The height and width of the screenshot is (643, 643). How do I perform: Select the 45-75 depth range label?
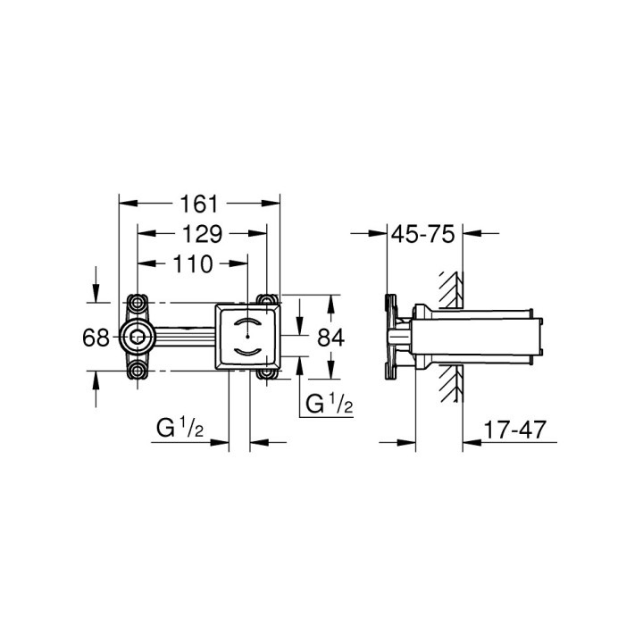pyautogui.click(x=423, y=234)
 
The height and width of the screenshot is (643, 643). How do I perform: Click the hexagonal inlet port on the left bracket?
pyautogui.click(x=137, y=337)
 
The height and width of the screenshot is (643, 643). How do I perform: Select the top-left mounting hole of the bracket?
pyautogui.click(x=137, y=302)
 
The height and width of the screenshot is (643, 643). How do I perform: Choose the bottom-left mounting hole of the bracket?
pyautogui.click(x=137, y=372)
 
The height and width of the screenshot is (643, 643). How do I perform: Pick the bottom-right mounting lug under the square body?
pyautogui.click(x=267, y=372)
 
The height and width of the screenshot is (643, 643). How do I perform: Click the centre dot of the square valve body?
pyautogui.click(x=248, y=337)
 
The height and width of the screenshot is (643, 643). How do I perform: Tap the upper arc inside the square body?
pyautogui.click(x=248, y=321)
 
